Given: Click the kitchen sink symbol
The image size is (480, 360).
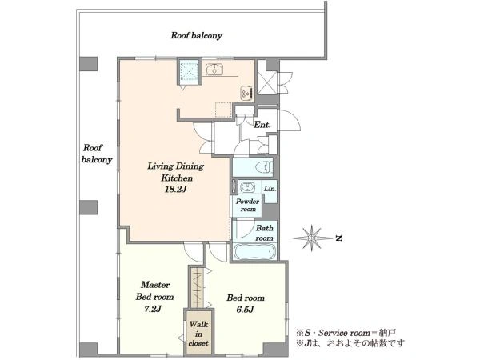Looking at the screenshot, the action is (214, 69).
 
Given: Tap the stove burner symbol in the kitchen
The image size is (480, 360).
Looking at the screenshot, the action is (246, 94).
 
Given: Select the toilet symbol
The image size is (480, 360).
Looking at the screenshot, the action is (263, 167).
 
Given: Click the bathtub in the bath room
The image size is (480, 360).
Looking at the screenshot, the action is (254, 252).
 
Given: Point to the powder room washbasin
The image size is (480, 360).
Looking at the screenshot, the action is (247, 187).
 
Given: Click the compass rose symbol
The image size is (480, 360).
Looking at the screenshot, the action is (312, 238).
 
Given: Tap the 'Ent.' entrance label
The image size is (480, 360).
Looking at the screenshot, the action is (262, 125).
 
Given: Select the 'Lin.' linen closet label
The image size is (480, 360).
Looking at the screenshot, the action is (270, 189).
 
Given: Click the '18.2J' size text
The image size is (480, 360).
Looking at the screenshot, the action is (176, 190).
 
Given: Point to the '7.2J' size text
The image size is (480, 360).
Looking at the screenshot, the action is (153, 309).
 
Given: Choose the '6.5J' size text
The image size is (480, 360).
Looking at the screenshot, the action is (245, 310).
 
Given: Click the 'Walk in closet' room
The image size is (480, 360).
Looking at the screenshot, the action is (198, 334).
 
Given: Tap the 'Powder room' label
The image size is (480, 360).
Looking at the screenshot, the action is (248, 205).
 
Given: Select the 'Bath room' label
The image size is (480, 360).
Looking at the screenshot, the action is (265, 233).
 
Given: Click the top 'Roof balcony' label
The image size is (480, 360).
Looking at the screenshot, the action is (196, 35).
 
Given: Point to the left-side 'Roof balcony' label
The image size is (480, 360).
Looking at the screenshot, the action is (97, 154).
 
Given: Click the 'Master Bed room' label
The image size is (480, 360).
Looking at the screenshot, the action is (155, 291).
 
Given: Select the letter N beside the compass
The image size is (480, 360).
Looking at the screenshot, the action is (338, 238).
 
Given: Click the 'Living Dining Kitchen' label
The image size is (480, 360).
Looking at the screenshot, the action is (176, 172).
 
